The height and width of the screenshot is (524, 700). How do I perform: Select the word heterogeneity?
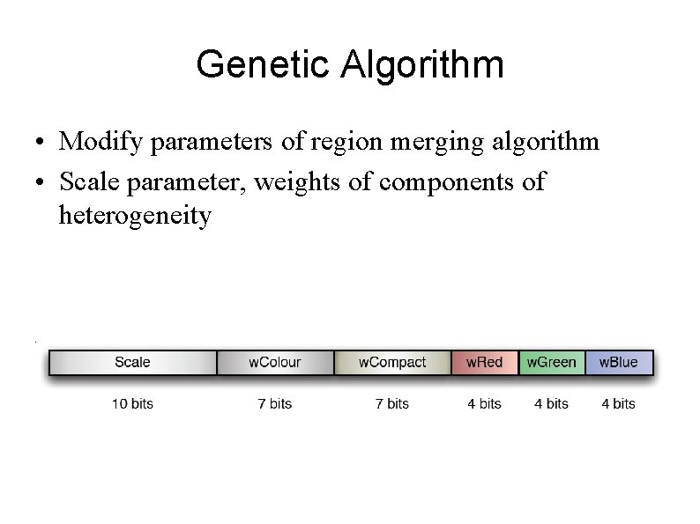(x=135, y=215)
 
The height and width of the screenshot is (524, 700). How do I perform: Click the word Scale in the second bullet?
(x=86, y=181)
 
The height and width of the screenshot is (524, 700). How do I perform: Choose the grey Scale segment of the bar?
(x=132, y=362)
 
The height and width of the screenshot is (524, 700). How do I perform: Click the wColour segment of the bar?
(x=275, y=362)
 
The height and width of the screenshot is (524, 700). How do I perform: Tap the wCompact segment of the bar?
(x=392, y=362)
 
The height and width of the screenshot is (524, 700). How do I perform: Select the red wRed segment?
(x=485, y=362)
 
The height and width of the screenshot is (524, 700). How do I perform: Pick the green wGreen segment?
(x=552, y=362)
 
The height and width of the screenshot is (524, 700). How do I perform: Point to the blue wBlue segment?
(x=619, y=362)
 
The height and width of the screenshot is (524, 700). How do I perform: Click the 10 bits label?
(x=132, y=404)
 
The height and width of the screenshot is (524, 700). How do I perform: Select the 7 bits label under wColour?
(x=275, y=404)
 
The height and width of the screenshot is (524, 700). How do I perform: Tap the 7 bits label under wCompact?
(x=392, y=404)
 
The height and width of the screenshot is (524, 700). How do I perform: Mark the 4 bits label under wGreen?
(x=552, y=404)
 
